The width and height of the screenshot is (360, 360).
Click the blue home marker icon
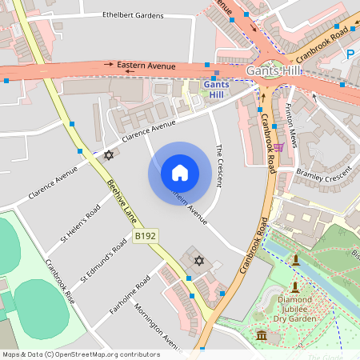coord(180,173)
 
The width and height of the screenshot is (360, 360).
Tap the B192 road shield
coord(145,237)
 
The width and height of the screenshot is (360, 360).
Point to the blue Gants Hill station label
coord(216,89)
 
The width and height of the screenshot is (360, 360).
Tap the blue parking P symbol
coord(350,54)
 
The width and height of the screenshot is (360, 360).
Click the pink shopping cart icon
coord(278,147)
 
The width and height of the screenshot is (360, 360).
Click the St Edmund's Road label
coord(104,259)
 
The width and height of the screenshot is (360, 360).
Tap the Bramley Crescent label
coord(324,174)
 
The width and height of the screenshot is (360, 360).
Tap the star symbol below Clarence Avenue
coord(109,154)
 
